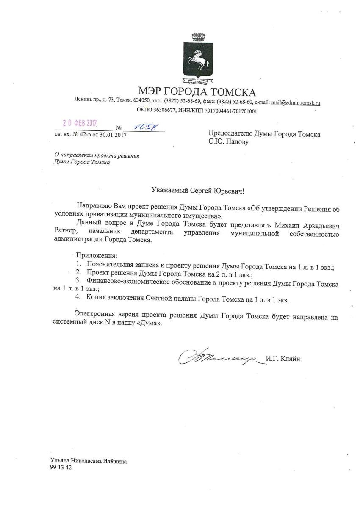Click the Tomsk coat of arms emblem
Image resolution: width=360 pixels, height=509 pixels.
[x=197, y=58]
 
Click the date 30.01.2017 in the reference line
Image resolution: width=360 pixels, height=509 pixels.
[x=112, y=136]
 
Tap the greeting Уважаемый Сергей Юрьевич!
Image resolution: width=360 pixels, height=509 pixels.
[x=198, y=192]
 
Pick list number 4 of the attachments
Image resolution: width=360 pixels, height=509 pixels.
[x=78, y=299]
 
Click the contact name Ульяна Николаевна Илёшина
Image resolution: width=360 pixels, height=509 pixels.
[x=88, y=462]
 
